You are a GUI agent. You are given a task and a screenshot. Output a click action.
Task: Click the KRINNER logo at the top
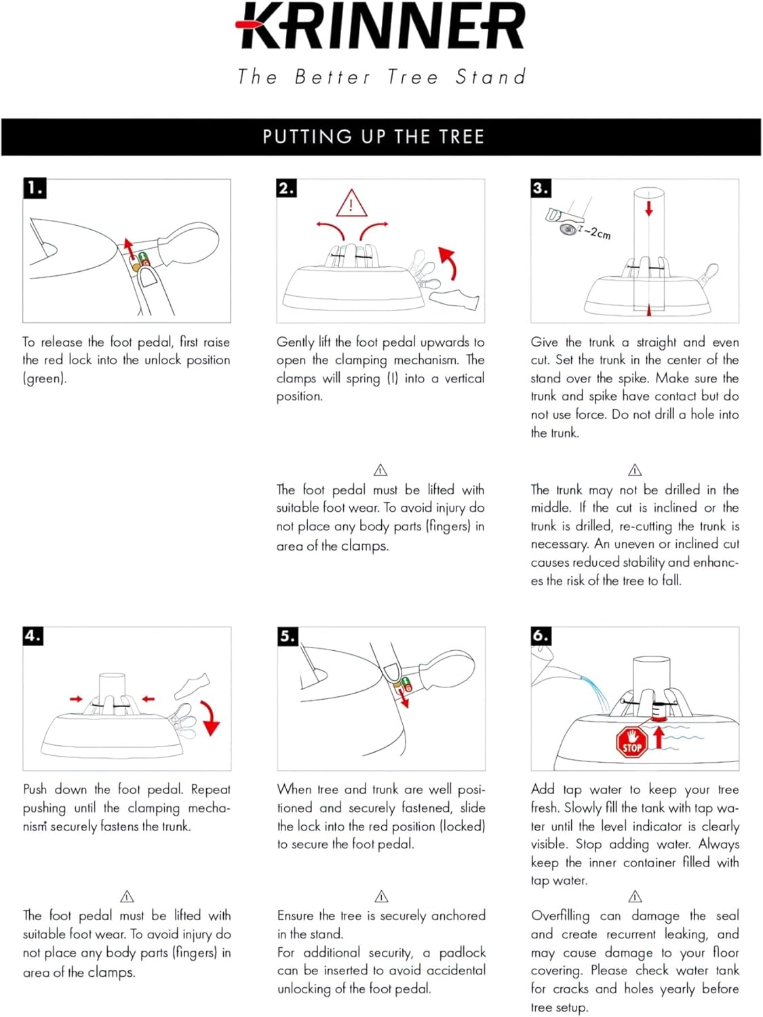[x=381, y=27]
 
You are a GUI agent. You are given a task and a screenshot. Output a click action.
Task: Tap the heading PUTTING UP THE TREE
[x=374, y=137]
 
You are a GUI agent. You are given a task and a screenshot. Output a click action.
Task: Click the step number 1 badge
[x=35, y=188]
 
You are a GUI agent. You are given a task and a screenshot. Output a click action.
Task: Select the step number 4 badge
[x=33, y=636]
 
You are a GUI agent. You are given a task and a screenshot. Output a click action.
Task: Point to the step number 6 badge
[x=541, y=636]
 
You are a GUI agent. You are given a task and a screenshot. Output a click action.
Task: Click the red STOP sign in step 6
[x=631, y=742]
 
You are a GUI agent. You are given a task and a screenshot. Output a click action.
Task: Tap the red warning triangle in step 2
[x=351, y=204]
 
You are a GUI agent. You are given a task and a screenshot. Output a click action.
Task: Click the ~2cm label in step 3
[x=597, y=233]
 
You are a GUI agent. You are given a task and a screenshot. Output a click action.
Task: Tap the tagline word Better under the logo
[x=332, y=77]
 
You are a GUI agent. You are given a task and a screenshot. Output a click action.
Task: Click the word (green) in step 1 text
[x=45, y=378]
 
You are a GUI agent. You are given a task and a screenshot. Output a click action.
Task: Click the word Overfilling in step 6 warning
[x=560, y=916]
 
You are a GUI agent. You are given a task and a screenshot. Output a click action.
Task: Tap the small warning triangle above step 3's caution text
[x=635, y=470]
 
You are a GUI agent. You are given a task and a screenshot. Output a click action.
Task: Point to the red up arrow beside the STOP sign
[x=657, y=736]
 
